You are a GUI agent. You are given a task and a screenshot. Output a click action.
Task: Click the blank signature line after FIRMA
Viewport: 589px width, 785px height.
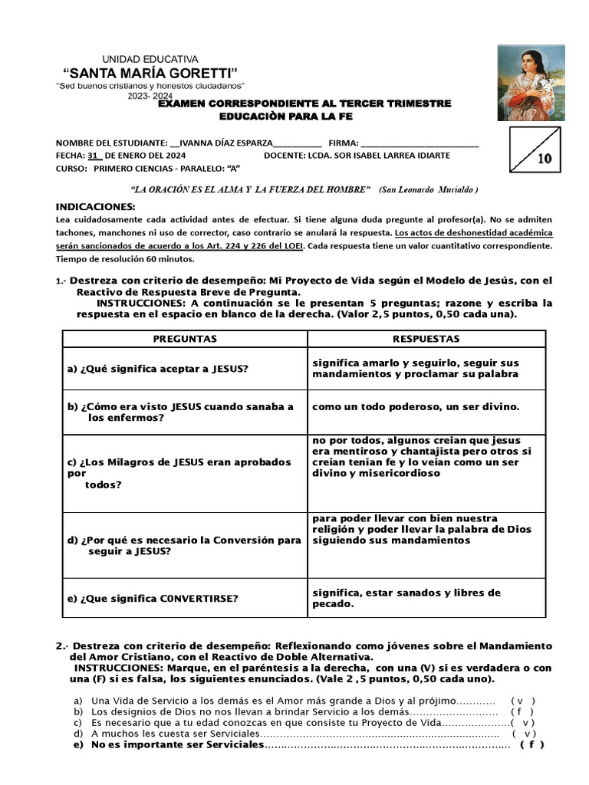click(x=420, y=143)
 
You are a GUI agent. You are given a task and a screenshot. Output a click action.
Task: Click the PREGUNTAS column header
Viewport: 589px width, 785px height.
click(x=185, y=338)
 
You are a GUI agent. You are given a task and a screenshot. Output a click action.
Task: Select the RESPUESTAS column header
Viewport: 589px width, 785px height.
click(x=426, y=338)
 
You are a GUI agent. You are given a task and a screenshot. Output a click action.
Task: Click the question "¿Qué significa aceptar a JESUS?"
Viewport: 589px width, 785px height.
click(x=158, y=369)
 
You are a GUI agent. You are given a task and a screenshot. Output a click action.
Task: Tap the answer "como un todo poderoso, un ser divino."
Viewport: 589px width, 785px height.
click(x=416, y=406)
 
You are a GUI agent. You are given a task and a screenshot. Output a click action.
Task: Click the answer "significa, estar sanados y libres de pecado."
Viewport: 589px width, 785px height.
click(x=406, y=598)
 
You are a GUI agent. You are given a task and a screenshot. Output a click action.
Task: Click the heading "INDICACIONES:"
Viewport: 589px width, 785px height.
click(x=95, y=207)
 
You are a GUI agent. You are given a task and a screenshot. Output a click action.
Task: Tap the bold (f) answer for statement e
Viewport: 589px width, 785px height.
click(x=531, y=744)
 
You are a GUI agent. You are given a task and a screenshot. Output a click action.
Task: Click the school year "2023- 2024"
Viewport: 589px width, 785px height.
click(x=150, y=96)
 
